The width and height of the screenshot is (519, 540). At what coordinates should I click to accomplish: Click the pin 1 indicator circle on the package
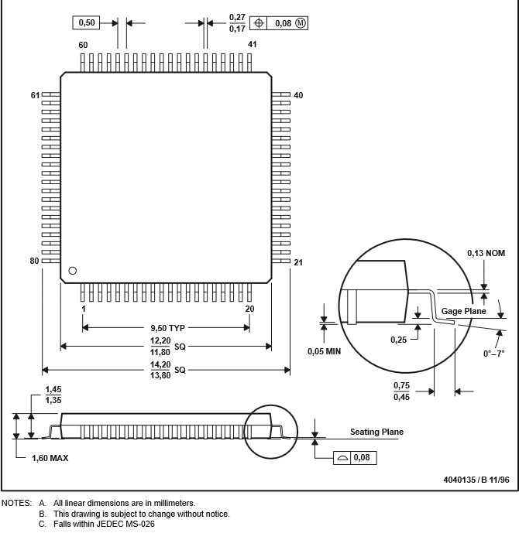coord(72,271)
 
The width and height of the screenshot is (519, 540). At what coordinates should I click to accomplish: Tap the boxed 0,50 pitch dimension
coord(86,22)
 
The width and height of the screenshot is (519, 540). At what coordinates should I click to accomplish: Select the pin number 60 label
coord(83,45)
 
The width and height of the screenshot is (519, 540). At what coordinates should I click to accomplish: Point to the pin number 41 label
coord(252,44)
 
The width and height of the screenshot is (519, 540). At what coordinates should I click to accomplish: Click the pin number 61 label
coord(35,95)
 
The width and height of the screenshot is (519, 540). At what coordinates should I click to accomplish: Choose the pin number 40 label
coord(298,95)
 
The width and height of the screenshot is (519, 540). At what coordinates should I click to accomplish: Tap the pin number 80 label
coord(34,261)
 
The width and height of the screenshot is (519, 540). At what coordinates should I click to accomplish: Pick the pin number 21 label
coord(298,262)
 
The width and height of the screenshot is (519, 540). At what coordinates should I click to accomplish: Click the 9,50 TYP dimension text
coord(167,328)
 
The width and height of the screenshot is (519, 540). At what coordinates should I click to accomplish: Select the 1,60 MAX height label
coord(50,458)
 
